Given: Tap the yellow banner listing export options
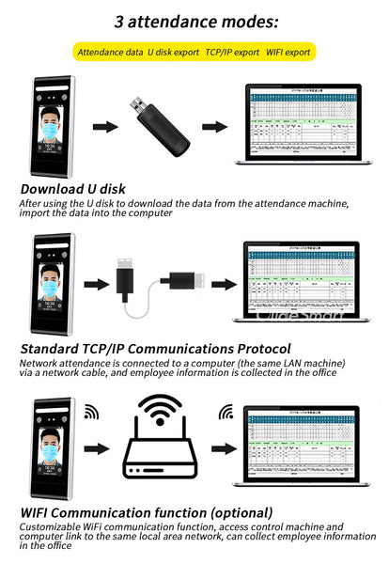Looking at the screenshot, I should coord(194,53).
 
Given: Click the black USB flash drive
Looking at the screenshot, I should coord(164,127).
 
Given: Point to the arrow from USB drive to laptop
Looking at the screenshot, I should coord(216,126).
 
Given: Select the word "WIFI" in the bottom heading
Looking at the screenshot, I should coord(39,512).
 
